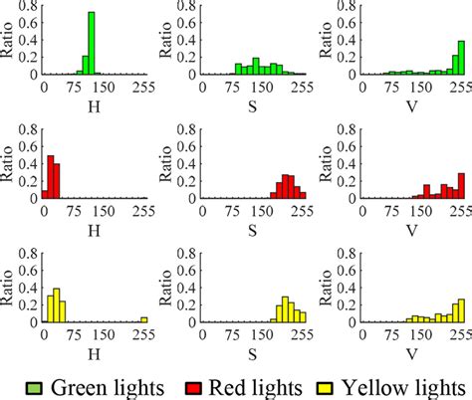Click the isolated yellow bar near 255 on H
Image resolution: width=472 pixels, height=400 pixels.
(x=143, y=319)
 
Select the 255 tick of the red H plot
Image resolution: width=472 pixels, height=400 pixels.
(x=143, y=210)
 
